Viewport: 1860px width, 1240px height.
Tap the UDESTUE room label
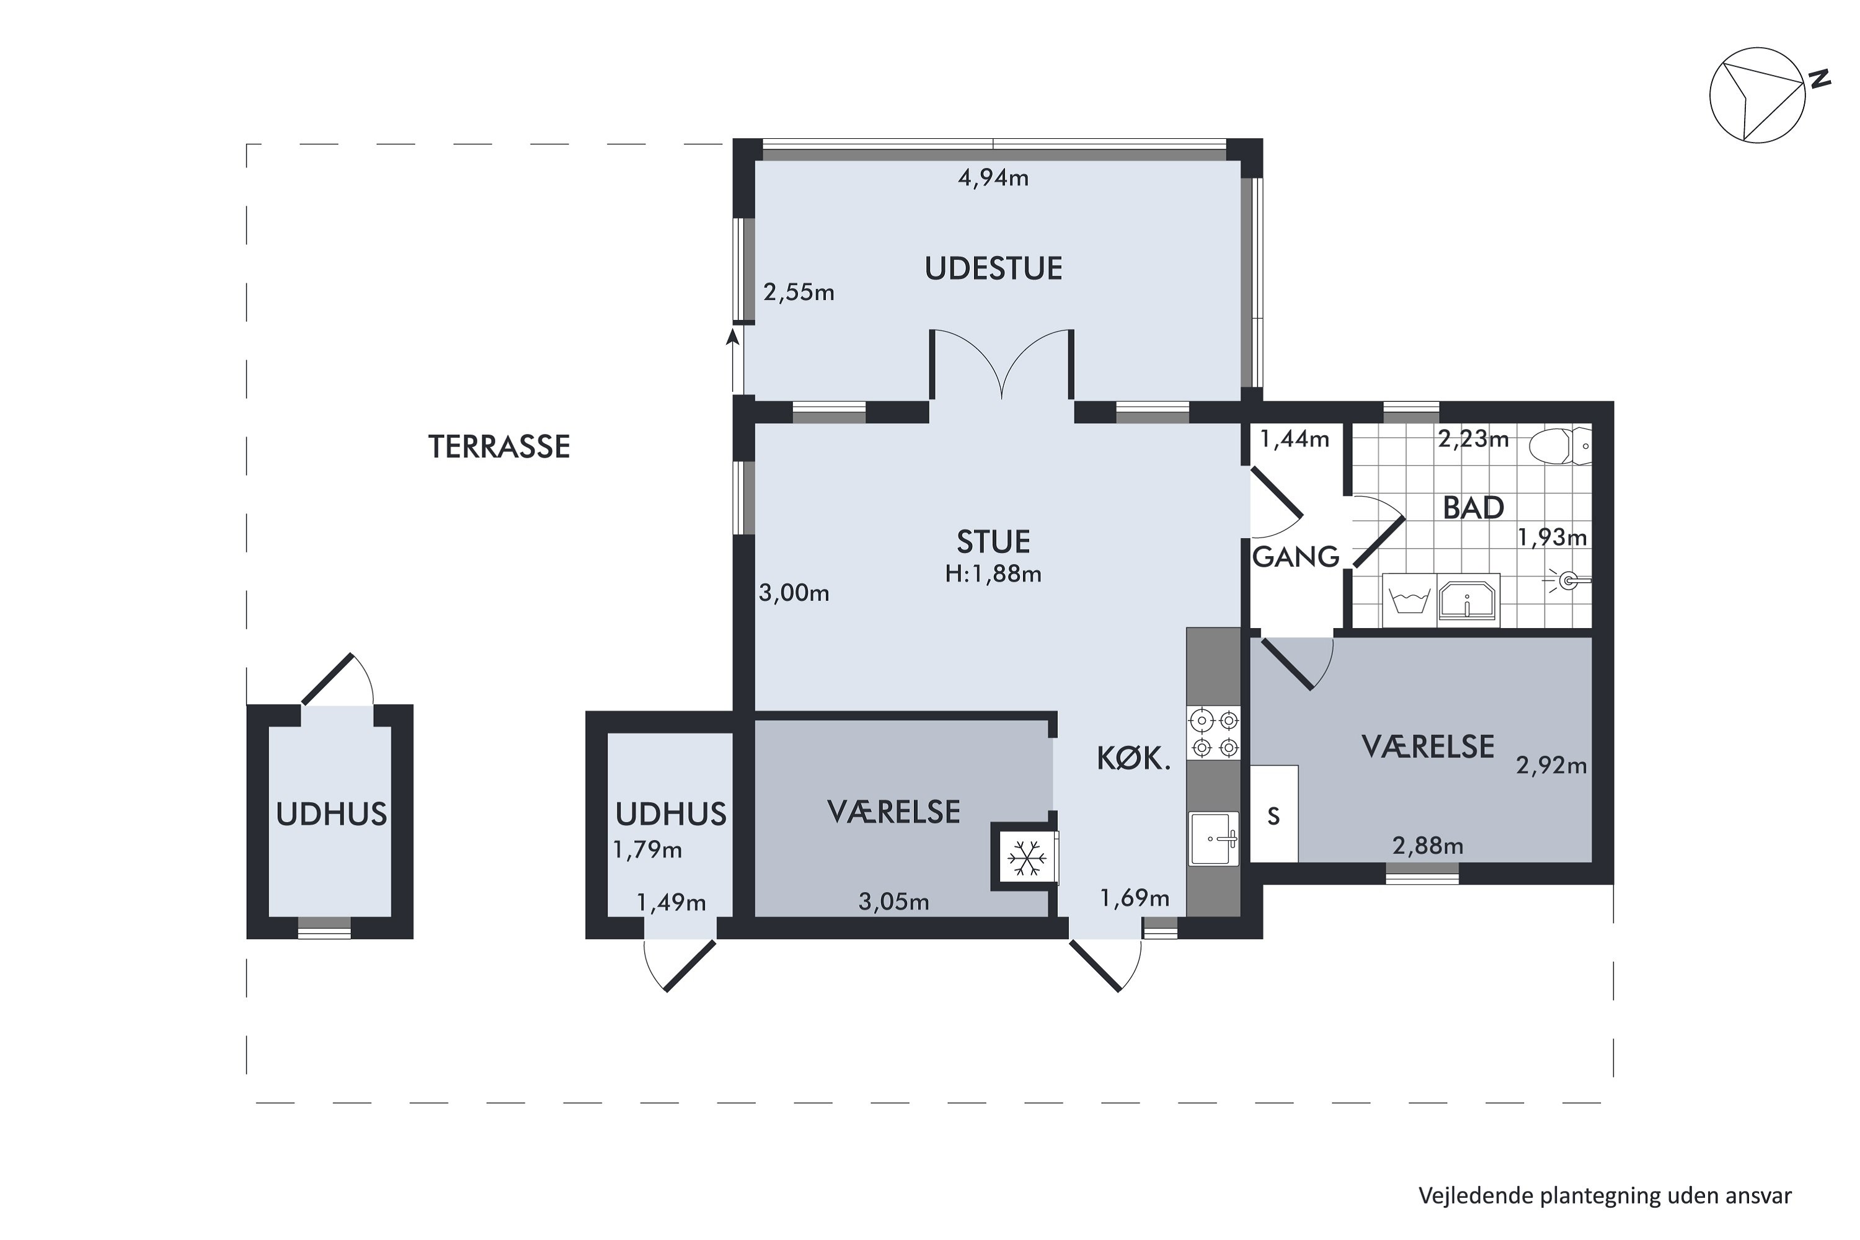click(x=993, y=269)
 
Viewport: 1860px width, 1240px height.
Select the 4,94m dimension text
click(x=993, y=178)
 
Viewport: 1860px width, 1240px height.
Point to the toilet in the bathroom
click(x=1559, y=446)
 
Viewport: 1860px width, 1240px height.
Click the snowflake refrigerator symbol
click(x=1027, y=858)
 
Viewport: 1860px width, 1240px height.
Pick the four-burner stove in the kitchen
click(x=1214, y=733)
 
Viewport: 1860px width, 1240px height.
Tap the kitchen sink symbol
click(x=1214, y=838)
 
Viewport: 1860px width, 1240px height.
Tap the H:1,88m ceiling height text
click(x=993, y=574)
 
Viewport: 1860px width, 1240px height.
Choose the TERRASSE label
click(x=499, y=447)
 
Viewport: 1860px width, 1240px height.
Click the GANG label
click(x=1296, y=557)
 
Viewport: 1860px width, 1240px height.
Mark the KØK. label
click(x=1133, y=759)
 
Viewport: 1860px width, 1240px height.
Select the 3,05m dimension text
click(x=893, y=901)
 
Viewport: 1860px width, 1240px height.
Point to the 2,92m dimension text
click(x=1552, y=766)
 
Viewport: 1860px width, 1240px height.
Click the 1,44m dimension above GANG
click(x=1295, y=438)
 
